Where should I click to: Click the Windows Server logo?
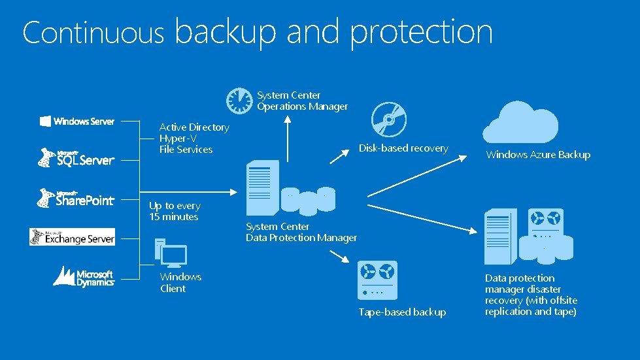[77, 121]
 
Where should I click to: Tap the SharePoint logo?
[76, 198]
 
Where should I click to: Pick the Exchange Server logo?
[72, 237]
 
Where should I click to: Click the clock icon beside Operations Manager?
[239, 100]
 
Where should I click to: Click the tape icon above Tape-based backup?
[379, 279]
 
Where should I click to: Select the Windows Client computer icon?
[171, 254]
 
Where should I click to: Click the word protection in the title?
[422, 32]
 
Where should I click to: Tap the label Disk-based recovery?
[403, 148]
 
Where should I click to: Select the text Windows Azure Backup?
[538, 155]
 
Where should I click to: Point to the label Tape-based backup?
[402, 312]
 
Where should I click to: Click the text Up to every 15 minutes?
[174, 211]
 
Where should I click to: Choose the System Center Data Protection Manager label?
[301, 232]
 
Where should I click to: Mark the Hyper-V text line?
[178, 139]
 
